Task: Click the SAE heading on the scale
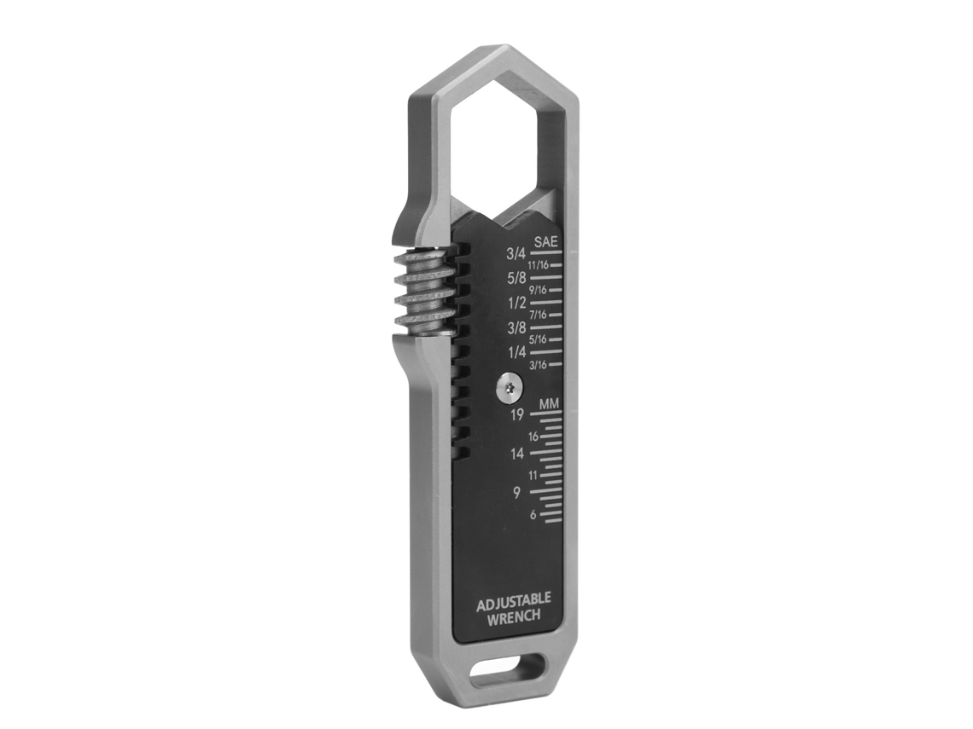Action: click(546, 242)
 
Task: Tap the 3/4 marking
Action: click(516, 253)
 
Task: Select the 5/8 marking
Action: click(516, 278)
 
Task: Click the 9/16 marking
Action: click(538, 290)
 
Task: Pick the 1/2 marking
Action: click(516, 303)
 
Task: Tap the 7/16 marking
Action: click(538, 315)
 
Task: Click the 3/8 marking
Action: click(516, 327)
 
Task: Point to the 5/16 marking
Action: click(538, 339)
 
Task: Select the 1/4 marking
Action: click(516, 352)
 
